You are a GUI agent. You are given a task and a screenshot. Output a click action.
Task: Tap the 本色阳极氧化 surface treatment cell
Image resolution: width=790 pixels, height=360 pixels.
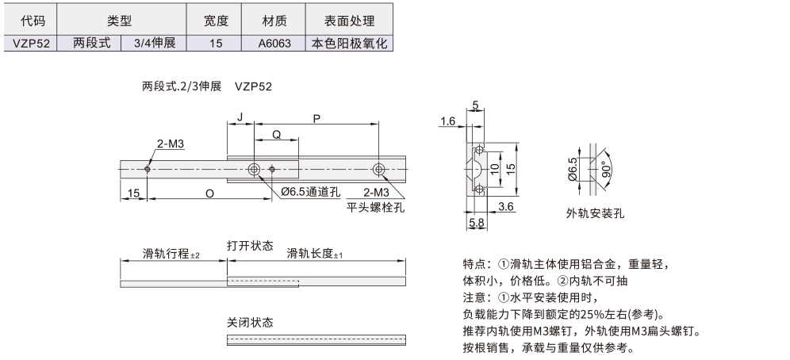[x=349, y=44]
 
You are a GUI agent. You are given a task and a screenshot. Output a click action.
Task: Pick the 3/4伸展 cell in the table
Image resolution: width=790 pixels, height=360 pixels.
[x=152, y=44]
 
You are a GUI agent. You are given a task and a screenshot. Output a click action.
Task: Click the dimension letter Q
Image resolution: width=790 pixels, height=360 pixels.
[x=276, y=136]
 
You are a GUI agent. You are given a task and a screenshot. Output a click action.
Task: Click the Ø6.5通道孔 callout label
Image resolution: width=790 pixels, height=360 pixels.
[x=311, y=193]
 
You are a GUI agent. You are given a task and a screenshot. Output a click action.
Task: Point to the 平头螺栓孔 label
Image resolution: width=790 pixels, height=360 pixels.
[x=376, y=208]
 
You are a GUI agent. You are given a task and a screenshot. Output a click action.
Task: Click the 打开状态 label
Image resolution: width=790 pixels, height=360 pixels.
[x=250, y=244]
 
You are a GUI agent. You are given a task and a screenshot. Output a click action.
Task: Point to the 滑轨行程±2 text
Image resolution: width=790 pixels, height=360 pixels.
[x=172, y=254]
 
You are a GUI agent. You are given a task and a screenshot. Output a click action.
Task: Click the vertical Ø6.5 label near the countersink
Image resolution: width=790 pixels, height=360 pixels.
[x=573, y=170]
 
